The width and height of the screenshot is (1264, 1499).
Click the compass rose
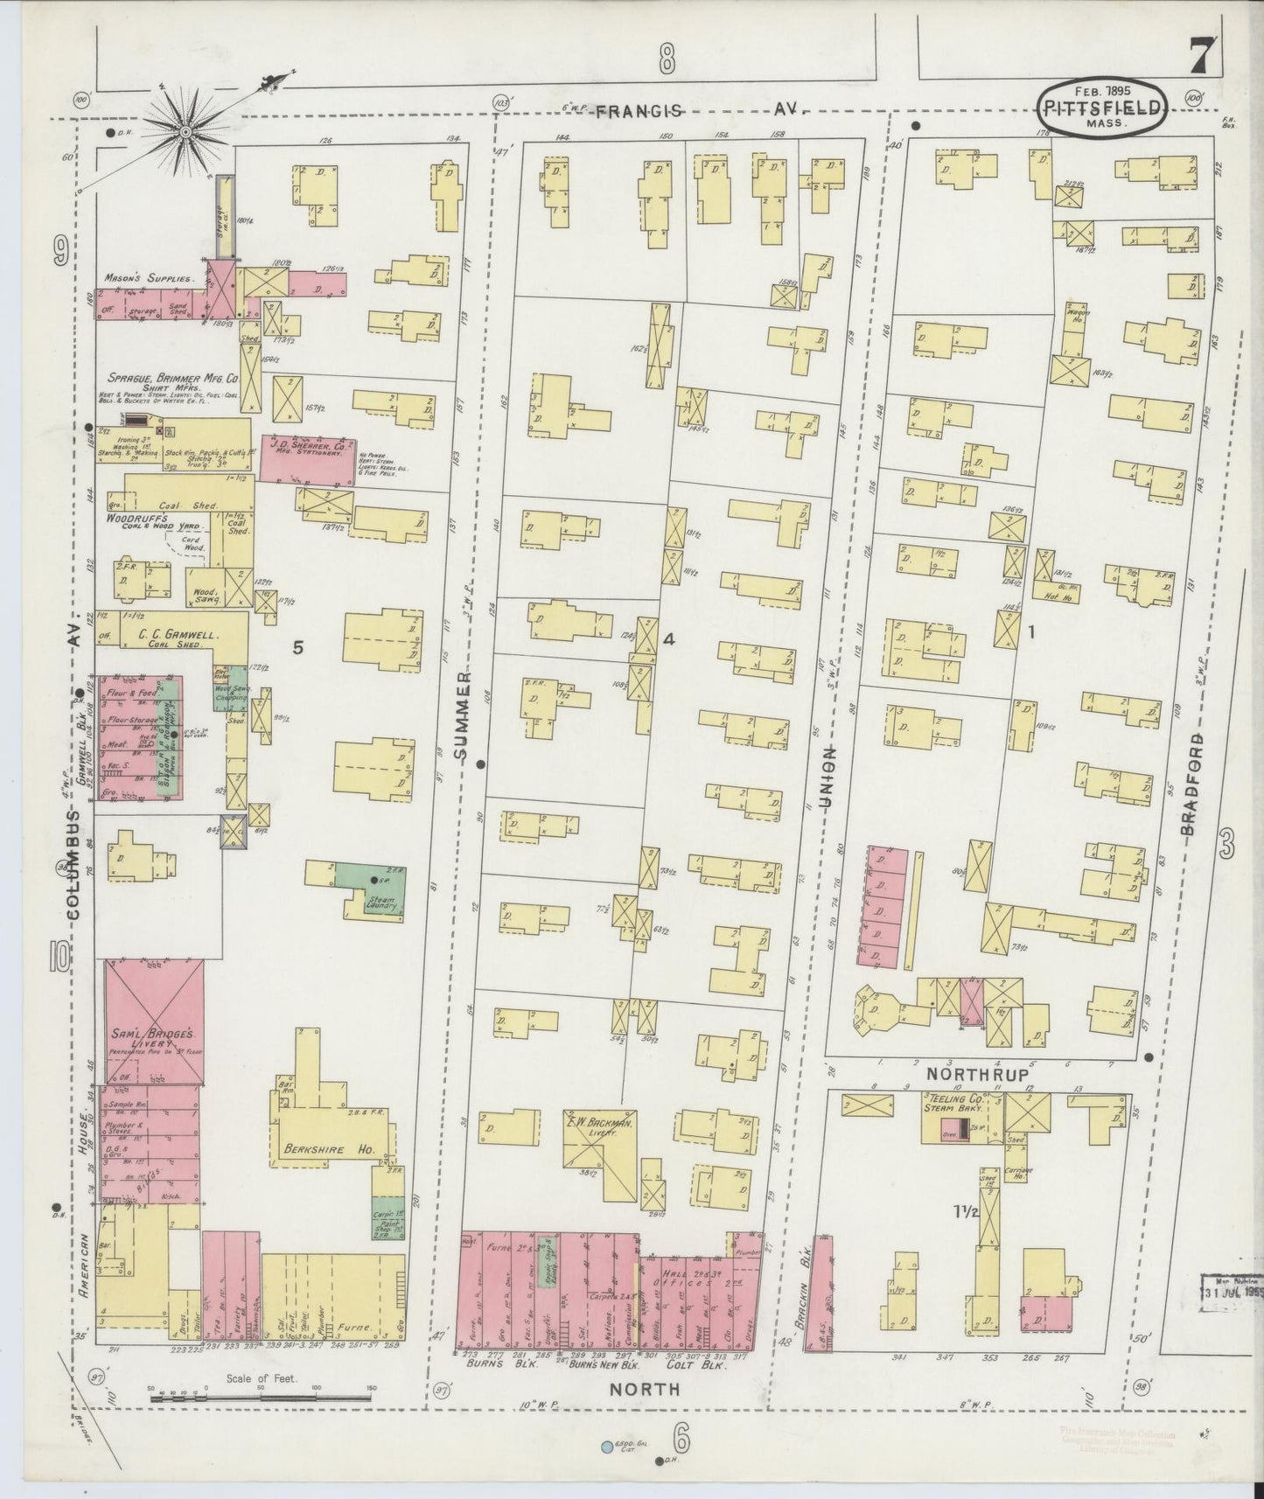pos(185,132)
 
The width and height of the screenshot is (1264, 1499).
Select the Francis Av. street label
pos(695,110)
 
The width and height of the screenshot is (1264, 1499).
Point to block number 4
pos(669,639)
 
